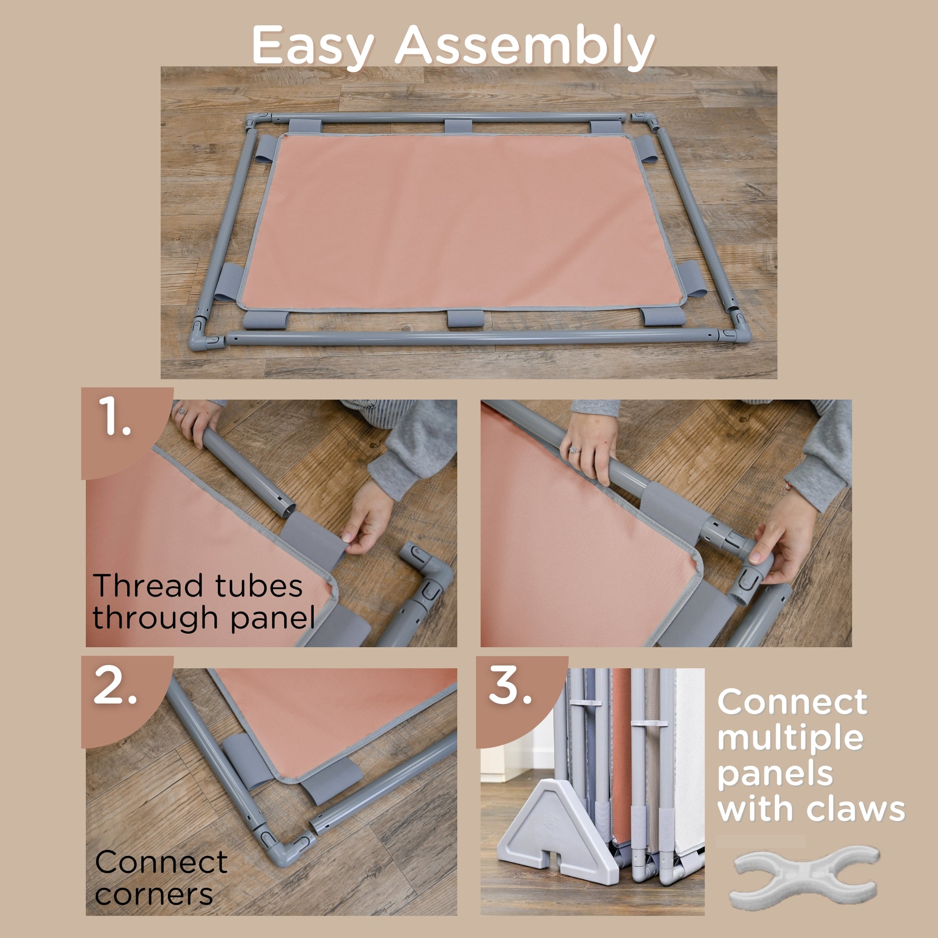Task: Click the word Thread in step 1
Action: (x=148, y=586)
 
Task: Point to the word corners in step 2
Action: (x=154, y=894)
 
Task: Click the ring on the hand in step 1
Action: (x=182, y=411)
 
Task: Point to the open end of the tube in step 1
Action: (x=288, y=509)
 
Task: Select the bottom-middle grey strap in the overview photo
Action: (x=465, y=318)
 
